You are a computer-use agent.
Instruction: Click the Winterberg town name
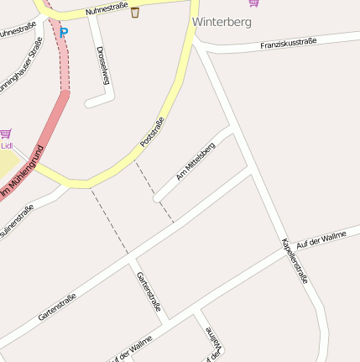222,22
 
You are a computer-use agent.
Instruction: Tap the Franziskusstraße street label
288,41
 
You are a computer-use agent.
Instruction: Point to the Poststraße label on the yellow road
153,133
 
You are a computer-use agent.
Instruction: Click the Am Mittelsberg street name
196,161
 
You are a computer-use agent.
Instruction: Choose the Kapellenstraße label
295,260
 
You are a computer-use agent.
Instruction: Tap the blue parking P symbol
64,34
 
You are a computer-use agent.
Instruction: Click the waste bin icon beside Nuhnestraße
135,12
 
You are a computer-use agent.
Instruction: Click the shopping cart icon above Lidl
6,133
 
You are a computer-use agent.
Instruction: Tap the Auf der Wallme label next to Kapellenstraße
321,241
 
